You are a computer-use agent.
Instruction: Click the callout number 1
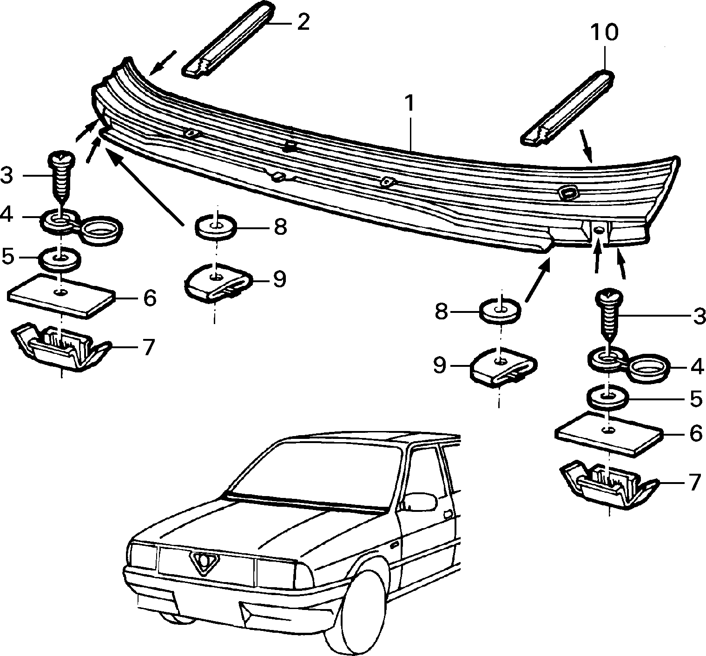[409, 104]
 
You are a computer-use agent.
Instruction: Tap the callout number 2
[303, 22]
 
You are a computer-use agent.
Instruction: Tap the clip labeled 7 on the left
[61, 351]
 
